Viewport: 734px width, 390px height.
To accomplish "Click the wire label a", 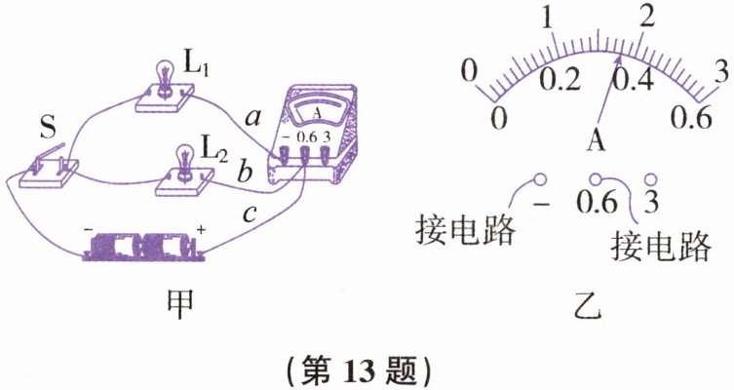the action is pos(252,118).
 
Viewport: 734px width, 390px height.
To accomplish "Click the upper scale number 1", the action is pos(551,18).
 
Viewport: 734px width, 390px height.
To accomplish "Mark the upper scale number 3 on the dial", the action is pos(720,69).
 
